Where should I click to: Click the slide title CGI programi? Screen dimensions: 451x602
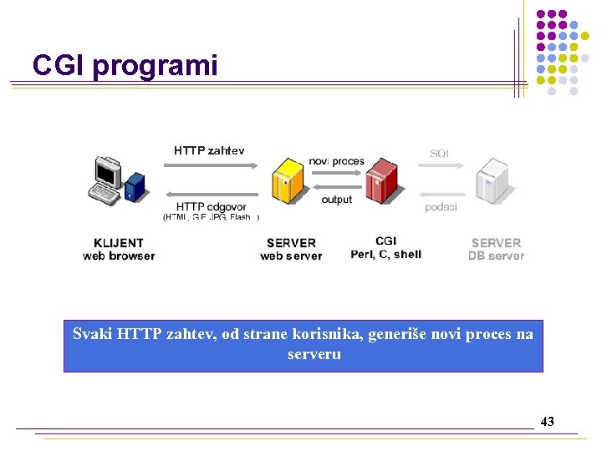point(125,65)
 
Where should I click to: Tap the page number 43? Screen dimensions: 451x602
point(547,422)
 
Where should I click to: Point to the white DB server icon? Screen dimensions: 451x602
point(491,179)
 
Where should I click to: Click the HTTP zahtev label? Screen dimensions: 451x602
point(209,151)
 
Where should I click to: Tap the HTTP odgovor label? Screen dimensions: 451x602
point(212,207)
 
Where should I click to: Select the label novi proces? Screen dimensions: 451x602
point(336,160)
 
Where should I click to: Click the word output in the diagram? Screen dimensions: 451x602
point(336,200)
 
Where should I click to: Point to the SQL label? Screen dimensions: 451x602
point(440,154)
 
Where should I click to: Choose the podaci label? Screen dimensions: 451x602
point(441,207)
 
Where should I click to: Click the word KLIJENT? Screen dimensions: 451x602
point(119,243)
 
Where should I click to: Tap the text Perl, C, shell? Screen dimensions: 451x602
point(385,255)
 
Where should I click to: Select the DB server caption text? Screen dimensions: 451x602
point(496,256)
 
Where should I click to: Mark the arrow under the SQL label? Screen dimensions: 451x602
point(441,166)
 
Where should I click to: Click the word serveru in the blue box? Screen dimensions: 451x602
point(314,355)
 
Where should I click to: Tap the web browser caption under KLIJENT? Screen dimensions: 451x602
point(119,256)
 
